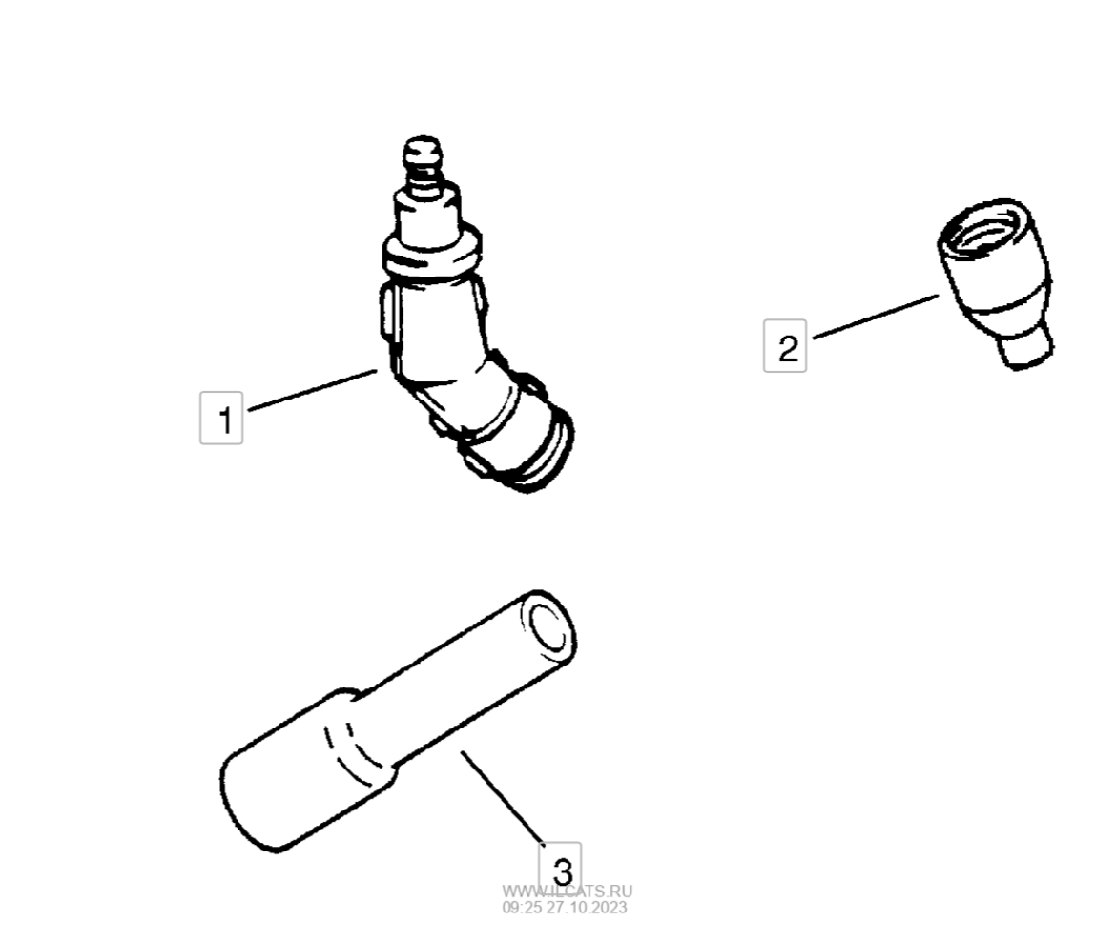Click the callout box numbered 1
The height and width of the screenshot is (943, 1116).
pos(221,418)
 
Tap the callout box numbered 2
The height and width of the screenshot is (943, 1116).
pos(785,346)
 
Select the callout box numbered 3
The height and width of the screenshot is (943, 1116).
pos(560,866)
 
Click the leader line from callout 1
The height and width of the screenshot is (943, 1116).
pos(313,389)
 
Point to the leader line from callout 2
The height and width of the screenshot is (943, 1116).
pos(876,317)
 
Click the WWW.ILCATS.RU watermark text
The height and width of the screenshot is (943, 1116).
pos(568,892)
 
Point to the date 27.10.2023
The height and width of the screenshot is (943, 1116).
pos(587,908)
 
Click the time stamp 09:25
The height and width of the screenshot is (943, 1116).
pos(522,908)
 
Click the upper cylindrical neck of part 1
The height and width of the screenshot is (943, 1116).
pos(426,214)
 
